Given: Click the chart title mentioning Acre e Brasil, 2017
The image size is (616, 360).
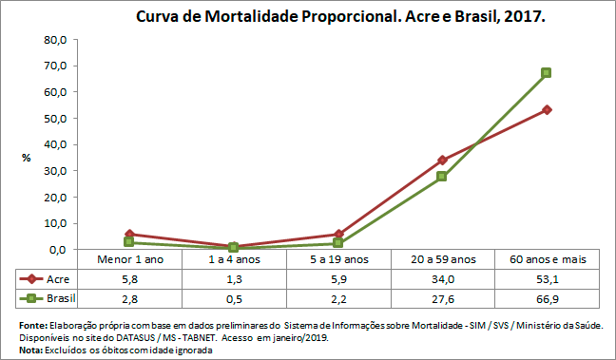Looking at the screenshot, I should click(x=340, y=17).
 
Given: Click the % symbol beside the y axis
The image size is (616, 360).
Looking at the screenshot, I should click(x=27, y=157).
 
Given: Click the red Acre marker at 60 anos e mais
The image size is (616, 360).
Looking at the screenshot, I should click(x=547, y=110).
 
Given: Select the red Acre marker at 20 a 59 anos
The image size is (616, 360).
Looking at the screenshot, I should click(x=442, y=160).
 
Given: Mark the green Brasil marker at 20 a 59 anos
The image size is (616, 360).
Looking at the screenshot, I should click(x=442, y=177).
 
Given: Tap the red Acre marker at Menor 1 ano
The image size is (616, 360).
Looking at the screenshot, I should click(x=128, y=234).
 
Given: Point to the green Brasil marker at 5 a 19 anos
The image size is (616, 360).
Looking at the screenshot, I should click(x=337, y=243).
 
